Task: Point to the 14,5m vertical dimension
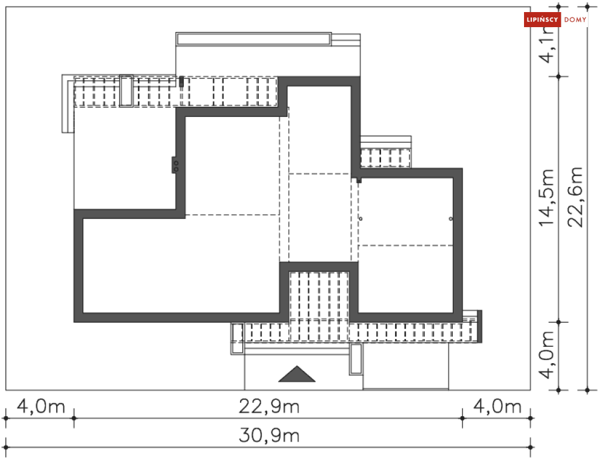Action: tap(548, 198)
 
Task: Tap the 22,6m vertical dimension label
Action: tap(577, 197)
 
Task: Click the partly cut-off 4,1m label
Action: tap(548, 48)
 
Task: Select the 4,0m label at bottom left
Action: tap(40, 407)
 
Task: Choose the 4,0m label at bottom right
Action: tap(497, 407)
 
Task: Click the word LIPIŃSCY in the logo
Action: tap(543, 20)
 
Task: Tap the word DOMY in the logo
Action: tap(575, 20)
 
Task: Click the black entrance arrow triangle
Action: tap(297, 375)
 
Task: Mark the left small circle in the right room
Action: tap(361, 218)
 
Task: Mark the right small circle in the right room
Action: tap(450, 218)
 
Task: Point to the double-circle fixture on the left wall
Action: tap(175, 165)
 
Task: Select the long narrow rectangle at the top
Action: tap(254, 39)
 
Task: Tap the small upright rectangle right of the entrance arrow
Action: tap(356, 359)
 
